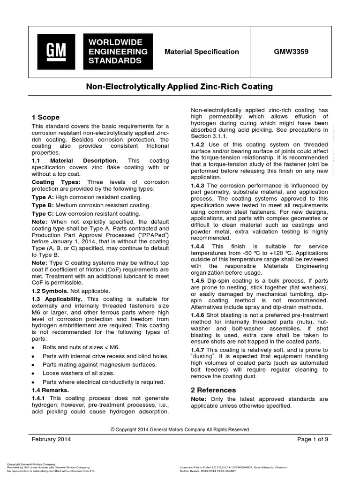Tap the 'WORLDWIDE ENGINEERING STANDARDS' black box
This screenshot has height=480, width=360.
point(118,52)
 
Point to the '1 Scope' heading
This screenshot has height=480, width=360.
point(45,117)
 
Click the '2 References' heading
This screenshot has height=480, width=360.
point(213,390)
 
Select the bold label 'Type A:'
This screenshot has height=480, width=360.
point(43,197)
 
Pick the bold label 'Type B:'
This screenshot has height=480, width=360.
point(43,205)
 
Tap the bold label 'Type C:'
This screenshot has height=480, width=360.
point(43,213)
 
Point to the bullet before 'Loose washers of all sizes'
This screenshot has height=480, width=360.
point(33,373)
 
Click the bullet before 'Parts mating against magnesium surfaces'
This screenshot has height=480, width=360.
point(33,365)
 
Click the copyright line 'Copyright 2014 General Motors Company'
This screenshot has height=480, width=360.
point(180,429)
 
